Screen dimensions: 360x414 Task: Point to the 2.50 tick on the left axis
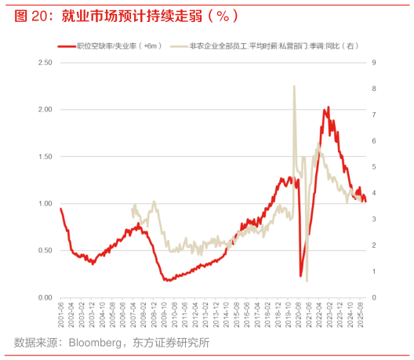pyautogui.click(x=45, y=62)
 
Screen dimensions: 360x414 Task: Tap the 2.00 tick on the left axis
pyautogui.click(x=45, y=109)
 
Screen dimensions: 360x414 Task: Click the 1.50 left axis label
pyautogui.click(x=45, y=156)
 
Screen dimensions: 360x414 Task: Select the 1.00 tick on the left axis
pyautogui.click(x=45, y=203)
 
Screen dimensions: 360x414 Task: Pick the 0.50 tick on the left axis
pyautogui.click(x=45, y=250)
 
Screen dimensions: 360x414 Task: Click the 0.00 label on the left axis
pyautogui.click(x=45, y=297)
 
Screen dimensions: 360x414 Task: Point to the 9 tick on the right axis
pyautogui.click(x=373, y=62)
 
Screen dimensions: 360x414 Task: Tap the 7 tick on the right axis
pyautogui.click(x=373, y=115)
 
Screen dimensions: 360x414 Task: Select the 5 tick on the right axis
pyautogui.click(x=373, y=167)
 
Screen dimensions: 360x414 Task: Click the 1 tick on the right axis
pyautogui.click(x=373, y=271)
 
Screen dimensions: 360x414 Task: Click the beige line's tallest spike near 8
pyautogui.click(x=294, y=87)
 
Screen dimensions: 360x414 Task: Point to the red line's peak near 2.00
pyautogui.click(x=328, y=107)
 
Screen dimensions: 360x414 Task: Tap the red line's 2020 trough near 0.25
pyautogui.click(x=301, y=275)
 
